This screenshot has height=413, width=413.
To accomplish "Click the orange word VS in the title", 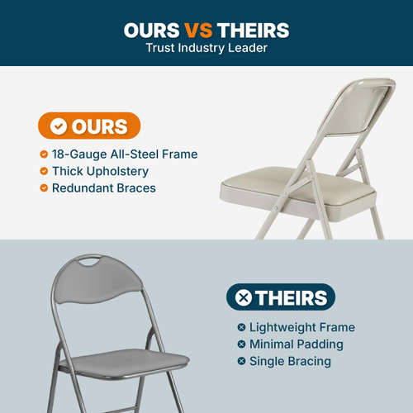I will pyautogui.click(x=198, y=31).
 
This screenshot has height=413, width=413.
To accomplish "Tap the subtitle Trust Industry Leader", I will pyautogui.click(x=206, y=48).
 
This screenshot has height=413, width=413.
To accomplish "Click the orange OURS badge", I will pyautogui.click(x=89, y=126).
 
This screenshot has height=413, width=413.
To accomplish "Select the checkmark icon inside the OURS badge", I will pyautogui.click(x=59, y=126).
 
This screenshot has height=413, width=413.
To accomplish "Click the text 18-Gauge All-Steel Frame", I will pyautogui.click(x=124, y=154).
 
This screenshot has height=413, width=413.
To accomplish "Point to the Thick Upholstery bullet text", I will pyautogui.click(x=100, y=171).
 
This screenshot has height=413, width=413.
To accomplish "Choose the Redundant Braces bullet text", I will pyautogui.click(x=103, y=188).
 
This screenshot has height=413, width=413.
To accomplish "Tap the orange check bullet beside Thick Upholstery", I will pyautogui.click(x=43, y=171).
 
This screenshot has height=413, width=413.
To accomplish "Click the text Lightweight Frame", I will pyautogui.click(x=302, y=328).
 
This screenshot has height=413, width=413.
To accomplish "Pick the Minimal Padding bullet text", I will pyautogui.click(x=296, y=344).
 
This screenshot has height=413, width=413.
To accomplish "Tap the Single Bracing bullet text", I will pyautogui.click(x=290, y=361).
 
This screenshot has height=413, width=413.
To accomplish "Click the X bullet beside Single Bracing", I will pyautogui.click(x=241, y=361).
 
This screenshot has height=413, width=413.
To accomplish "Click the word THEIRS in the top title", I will pyautogui.click(x=253, y=31).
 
